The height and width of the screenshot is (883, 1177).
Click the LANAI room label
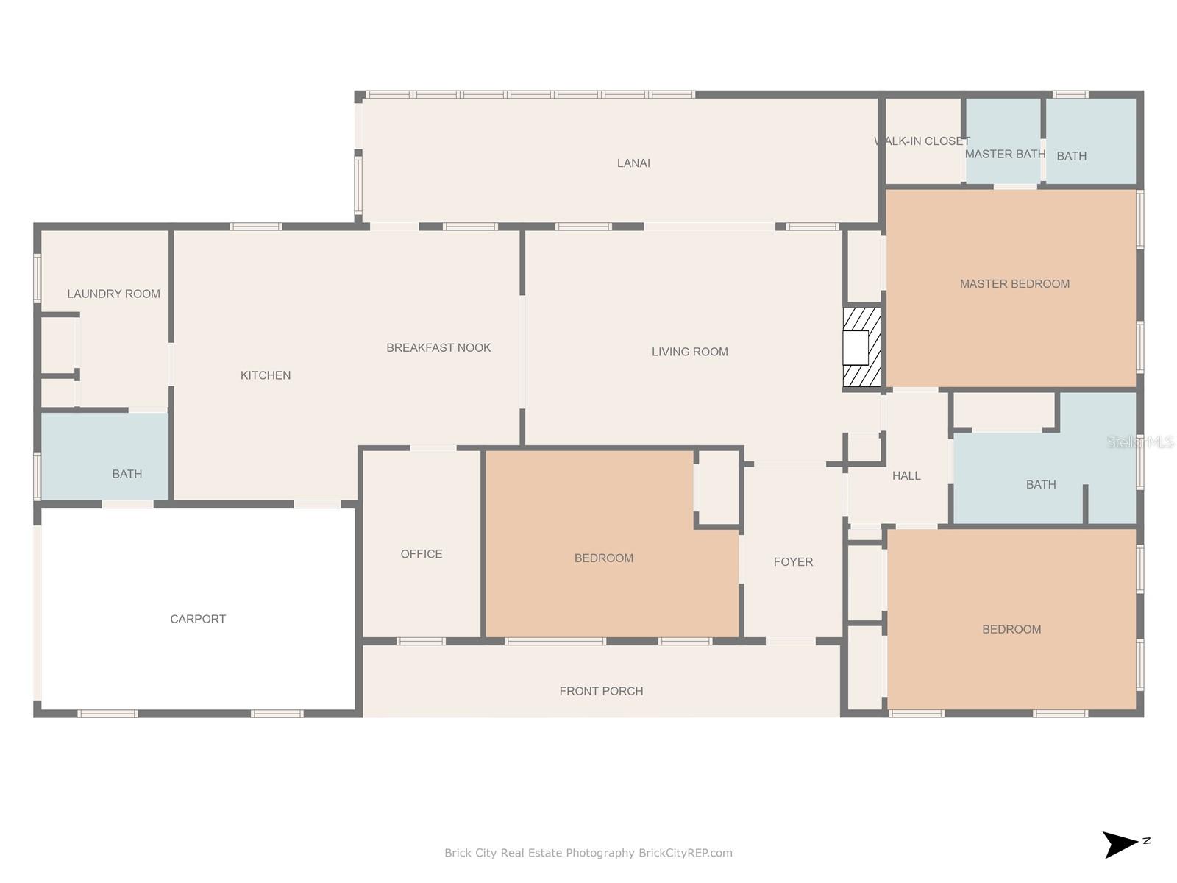click(x=633, y=163)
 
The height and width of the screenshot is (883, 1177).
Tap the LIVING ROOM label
click(x=689, y=352)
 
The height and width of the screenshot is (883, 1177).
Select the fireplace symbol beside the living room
click(x=861, y=347)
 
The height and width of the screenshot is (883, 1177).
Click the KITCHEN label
click(x=266, y=375)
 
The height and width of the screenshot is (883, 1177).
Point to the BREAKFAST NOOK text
click(x=438, y=347)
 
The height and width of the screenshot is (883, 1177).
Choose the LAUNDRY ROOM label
click(x=114, y=294)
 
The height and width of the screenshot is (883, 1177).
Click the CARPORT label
click(x=198, y=619)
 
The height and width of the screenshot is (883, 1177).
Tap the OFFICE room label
click(x=422, y=554)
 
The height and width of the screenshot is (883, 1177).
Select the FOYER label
click(x=793, y=562)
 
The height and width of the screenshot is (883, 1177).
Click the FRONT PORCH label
click(x=601, y=691)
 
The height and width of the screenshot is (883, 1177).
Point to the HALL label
click(x=906, y=475)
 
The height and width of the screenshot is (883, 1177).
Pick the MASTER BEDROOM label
click(x=1014, y=283)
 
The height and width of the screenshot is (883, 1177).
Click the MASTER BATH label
click(x=1005, y=154)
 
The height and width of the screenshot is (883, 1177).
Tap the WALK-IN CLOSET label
click(x=922, y=141)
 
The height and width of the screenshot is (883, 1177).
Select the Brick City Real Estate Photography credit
click(x=588, y=853)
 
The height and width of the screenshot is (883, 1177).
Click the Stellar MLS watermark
click(x=1140, y=441)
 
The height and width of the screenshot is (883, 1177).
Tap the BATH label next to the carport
click(x=127, y=474)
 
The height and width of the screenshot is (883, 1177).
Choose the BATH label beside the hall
click(x=1041, y=485)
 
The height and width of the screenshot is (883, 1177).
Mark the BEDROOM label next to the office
click(x=604, y=558)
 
